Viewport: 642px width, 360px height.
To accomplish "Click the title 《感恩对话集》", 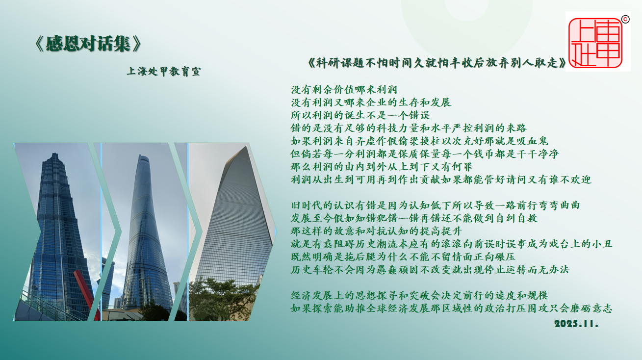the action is [x=88, y=44].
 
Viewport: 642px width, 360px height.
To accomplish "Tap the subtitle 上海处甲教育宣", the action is [x=164, y=72].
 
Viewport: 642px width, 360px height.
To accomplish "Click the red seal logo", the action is [x=595, y=43].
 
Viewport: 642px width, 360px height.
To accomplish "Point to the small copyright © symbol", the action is [x=625, y=19].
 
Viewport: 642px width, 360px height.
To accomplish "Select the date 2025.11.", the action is [x=576, y=324].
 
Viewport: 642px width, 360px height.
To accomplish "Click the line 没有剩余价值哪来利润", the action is [x=344, y=90].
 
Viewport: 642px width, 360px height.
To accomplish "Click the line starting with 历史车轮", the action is [x=430, y=270].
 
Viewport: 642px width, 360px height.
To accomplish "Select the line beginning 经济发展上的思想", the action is [x=420, y=295].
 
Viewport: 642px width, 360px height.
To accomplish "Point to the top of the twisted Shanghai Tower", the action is [x=143, y=156].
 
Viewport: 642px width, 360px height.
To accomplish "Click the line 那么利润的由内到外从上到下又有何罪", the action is [x=381, y=167].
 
